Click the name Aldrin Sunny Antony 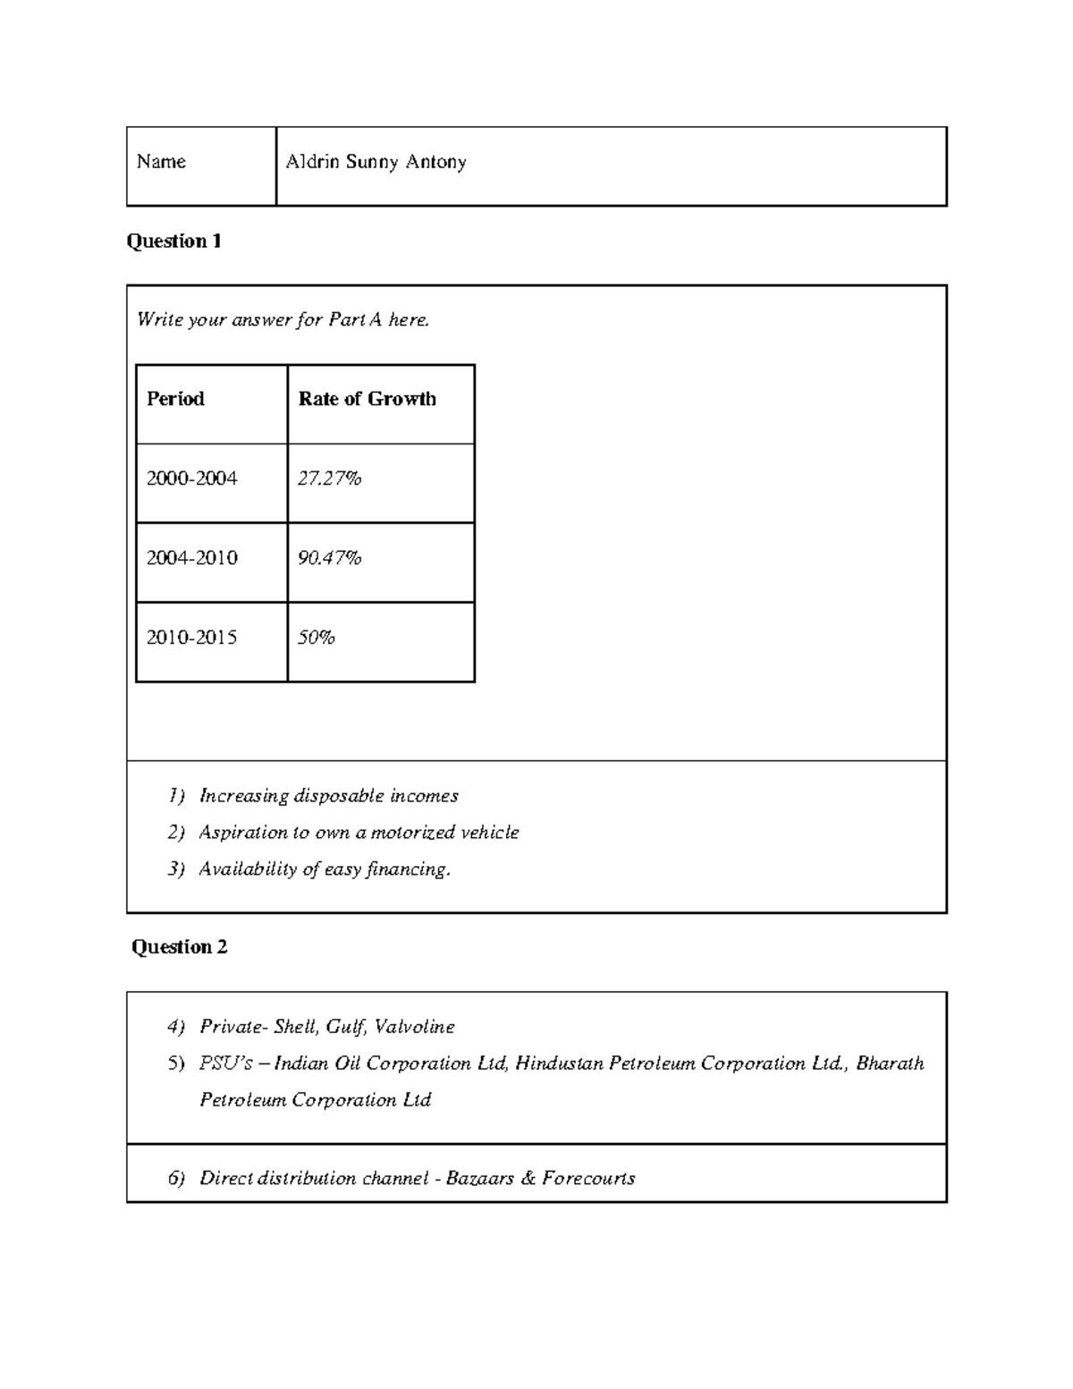[376, 163]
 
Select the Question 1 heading [173, 241]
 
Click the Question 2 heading [179, 947]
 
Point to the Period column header [175, 399]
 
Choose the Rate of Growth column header [367, 399]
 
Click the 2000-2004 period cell [192, 479]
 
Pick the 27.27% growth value [329, 479]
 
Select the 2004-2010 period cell [192, 558]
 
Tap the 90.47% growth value [329, 558]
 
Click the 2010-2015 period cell [192, 638]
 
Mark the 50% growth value [316, 638]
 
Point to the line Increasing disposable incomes [328, 796]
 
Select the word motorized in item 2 [412, 833]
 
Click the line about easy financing [325, 869]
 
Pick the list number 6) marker [176, 1179]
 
